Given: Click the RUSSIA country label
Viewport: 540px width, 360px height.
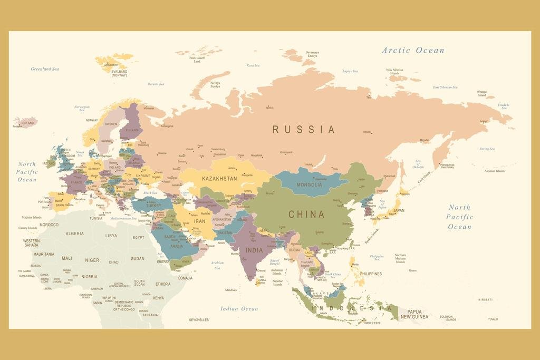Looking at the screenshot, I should [x=303, y=129].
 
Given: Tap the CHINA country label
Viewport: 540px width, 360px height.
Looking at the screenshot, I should [x=306, y=215].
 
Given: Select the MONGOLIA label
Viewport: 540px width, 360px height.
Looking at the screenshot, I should [x=310, y=184].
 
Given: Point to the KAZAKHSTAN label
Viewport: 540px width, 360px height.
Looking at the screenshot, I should [x=219, y=179].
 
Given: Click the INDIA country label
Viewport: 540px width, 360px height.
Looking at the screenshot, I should [x=254, y=250].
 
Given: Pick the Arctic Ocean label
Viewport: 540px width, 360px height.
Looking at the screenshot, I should [x=413, y=50].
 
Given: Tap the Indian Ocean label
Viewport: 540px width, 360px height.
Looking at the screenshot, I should [x=239, y=308].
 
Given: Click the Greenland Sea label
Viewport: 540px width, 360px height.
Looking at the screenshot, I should [x=45, y=69].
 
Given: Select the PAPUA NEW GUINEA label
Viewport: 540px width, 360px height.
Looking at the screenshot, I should [x=414, y=314].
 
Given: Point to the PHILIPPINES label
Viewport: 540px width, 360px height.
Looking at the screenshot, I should [x=371, y=274].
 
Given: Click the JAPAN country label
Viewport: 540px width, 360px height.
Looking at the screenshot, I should [x=399, y=210].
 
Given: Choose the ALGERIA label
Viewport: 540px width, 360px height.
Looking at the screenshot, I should [x=74, y=233].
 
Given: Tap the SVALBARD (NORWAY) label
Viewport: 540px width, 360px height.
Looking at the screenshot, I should [x=119, y=73].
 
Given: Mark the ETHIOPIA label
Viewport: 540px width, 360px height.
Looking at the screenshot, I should [x=163, y=284].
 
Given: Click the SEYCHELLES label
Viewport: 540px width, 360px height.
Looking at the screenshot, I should [x=199, y=320].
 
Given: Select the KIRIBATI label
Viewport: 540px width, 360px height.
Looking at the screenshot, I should [x=485, y=299].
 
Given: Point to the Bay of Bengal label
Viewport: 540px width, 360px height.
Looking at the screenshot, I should [x=275, y=262].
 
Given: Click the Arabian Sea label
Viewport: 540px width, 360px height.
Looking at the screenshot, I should [x=217, y=265].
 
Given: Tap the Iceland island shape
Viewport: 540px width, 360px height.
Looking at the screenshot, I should [x=25, y=122].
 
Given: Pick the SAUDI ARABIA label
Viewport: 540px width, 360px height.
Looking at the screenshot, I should [x=176, y=241].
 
